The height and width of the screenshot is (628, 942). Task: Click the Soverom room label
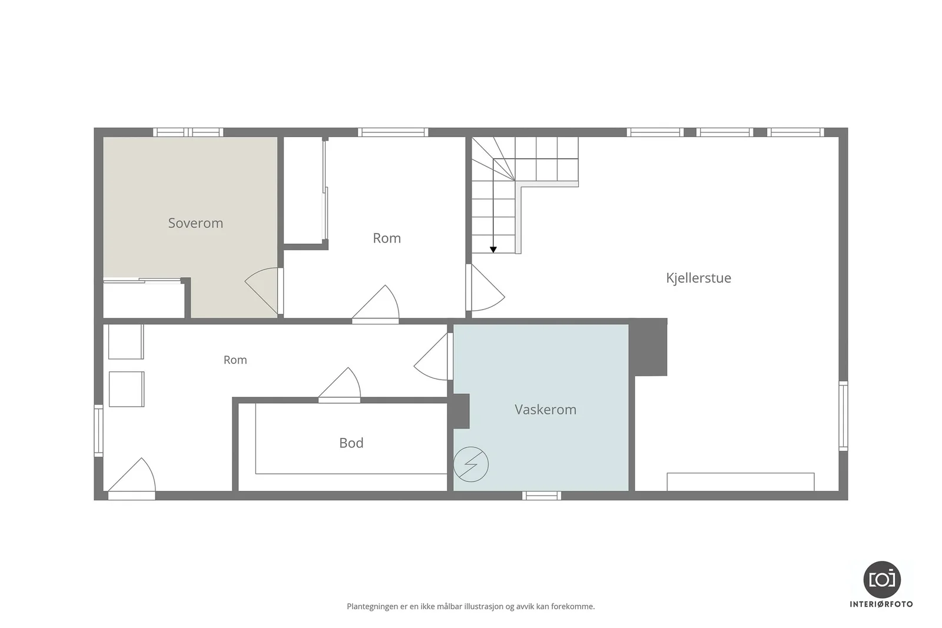pos(195,223)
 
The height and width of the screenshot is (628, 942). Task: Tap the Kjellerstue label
pos(698,278)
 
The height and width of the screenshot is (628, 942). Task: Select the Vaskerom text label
pos(545,410)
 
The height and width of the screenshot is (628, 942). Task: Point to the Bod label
pos(351,443)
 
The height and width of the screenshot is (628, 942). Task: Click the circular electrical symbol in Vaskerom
pos(471,464)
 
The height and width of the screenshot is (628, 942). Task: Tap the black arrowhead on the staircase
pos(493,250)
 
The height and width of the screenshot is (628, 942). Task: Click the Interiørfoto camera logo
pos(882,580)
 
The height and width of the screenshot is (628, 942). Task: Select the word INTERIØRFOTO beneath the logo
pos(881,604)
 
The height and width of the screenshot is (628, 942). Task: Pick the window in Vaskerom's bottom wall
pos(542,496)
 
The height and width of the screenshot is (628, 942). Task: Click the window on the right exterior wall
pos(844,416)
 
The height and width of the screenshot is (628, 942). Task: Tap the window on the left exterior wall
pos(98,430)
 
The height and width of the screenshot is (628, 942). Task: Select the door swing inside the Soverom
pos(261,290)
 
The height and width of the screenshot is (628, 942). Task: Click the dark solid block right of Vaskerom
pos(648,347)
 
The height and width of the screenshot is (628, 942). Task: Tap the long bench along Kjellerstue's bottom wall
pos(741,481)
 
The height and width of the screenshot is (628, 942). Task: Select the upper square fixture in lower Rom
pos(126,341)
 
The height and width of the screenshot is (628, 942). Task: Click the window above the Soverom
pos(188,132)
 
